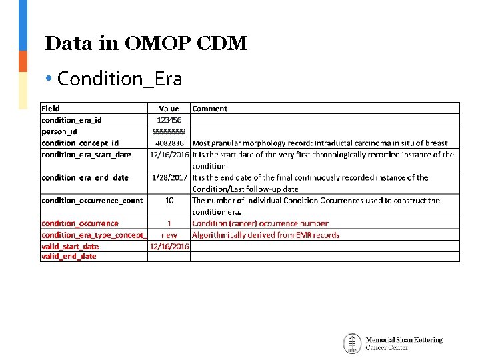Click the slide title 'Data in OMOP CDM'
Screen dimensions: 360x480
146,44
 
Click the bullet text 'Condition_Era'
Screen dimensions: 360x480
119,79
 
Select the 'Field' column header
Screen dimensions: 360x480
51,109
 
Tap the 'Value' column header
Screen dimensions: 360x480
169,109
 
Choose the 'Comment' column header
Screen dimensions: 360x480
209,109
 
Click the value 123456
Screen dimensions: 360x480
169,120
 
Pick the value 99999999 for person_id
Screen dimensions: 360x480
169,131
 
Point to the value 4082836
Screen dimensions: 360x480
169,143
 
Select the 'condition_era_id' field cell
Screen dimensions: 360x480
71,120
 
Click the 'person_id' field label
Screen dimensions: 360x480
59,131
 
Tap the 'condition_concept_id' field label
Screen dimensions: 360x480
80,143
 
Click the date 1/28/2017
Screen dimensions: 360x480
169,177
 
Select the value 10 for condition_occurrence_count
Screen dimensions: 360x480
169,200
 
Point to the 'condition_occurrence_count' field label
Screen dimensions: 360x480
92,200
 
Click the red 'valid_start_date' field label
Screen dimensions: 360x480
70,246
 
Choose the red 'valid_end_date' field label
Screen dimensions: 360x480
69,256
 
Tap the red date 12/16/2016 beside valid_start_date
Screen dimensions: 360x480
169,246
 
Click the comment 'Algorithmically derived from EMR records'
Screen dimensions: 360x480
265,235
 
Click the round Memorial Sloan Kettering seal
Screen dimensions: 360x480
352,343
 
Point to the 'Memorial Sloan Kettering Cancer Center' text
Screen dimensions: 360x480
404,343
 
